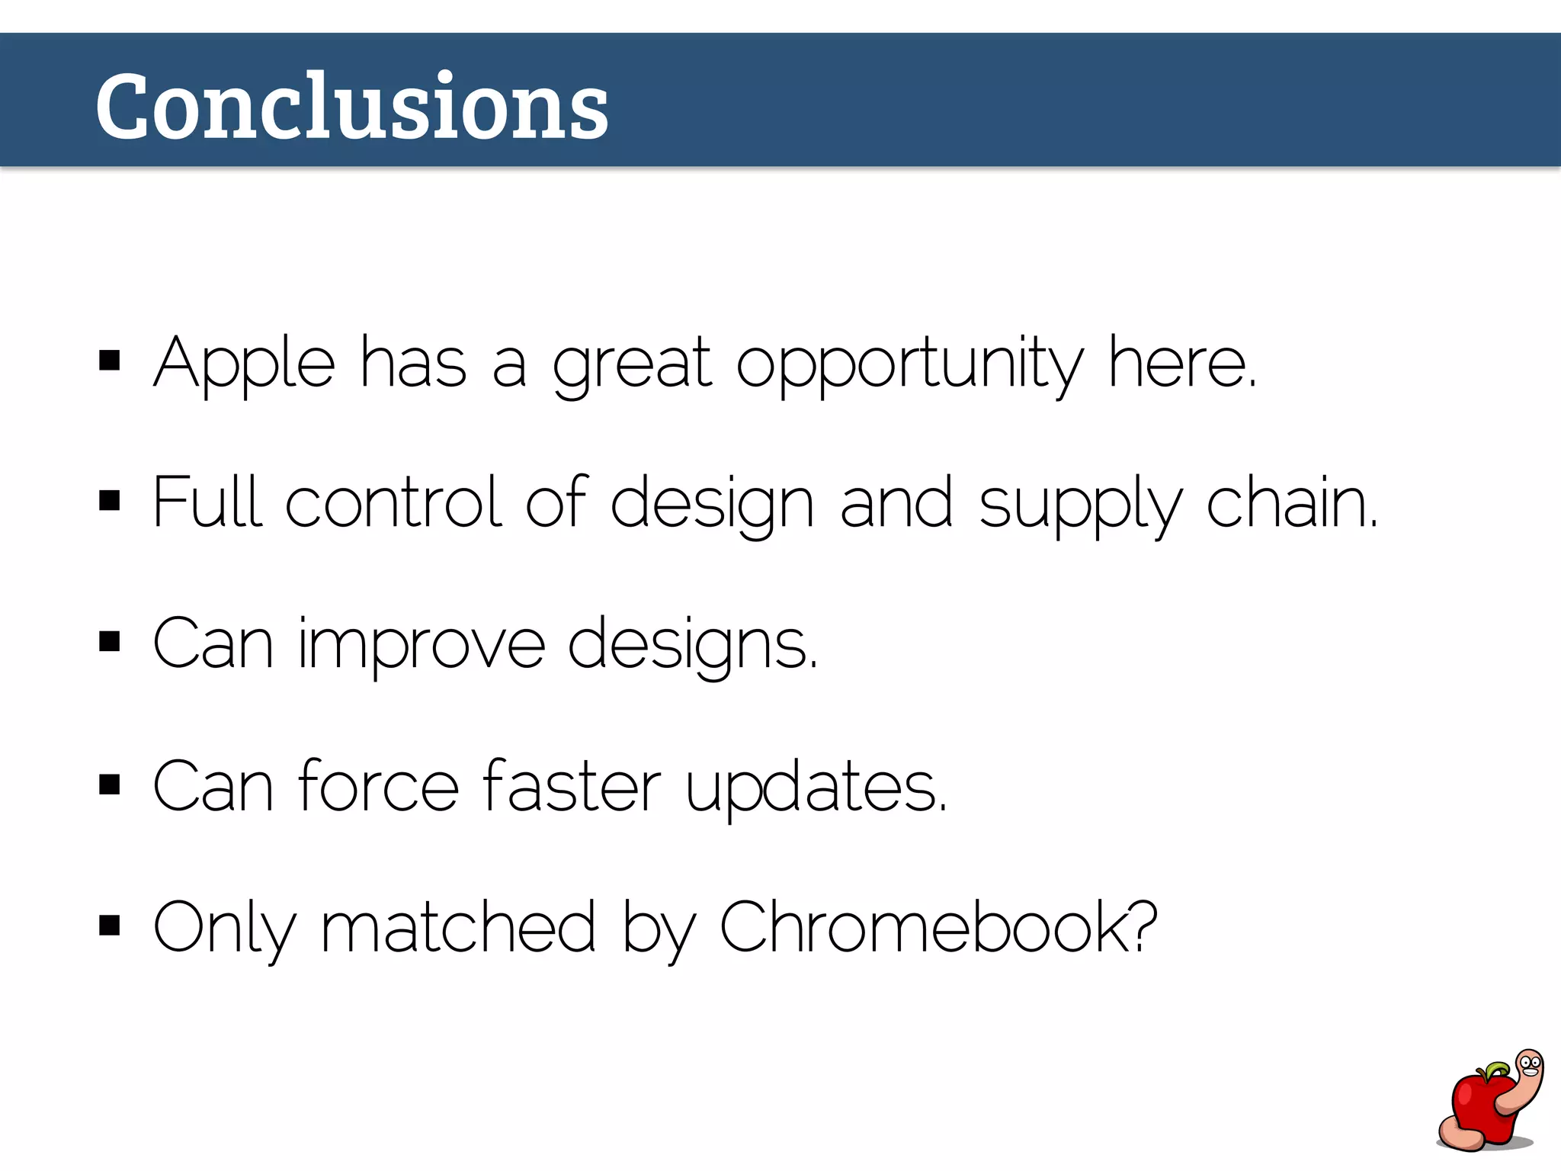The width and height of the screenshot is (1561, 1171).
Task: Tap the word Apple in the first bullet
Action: (x=244, y=363)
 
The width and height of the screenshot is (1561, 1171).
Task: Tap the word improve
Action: (x=422, y=644)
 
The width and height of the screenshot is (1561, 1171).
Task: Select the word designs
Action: (x=692, y=644)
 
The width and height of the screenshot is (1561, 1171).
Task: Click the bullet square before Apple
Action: (x=110, y=361)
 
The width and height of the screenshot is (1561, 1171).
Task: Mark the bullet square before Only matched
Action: (x=110, y=926)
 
